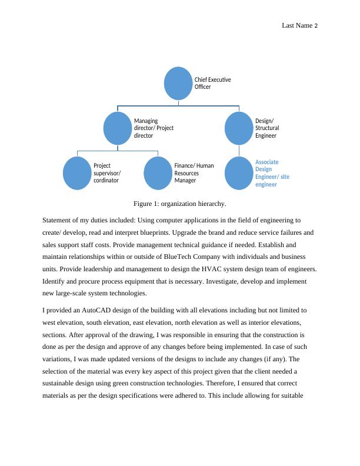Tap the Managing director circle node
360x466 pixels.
119,128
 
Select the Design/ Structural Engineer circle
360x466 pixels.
239,128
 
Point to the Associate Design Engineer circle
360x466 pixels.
239,173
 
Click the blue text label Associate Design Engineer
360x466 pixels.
272,173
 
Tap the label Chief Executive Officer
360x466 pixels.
212,83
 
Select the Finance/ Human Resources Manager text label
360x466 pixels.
194,173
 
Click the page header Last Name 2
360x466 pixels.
299,25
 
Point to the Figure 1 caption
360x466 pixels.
179,204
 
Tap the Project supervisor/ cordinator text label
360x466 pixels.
107,173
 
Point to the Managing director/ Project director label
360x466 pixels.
154,128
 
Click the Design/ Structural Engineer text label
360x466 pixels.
267,128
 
